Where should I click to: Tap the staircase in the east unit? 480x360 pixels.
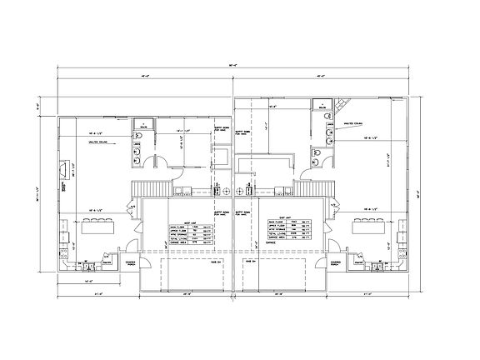320,189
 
